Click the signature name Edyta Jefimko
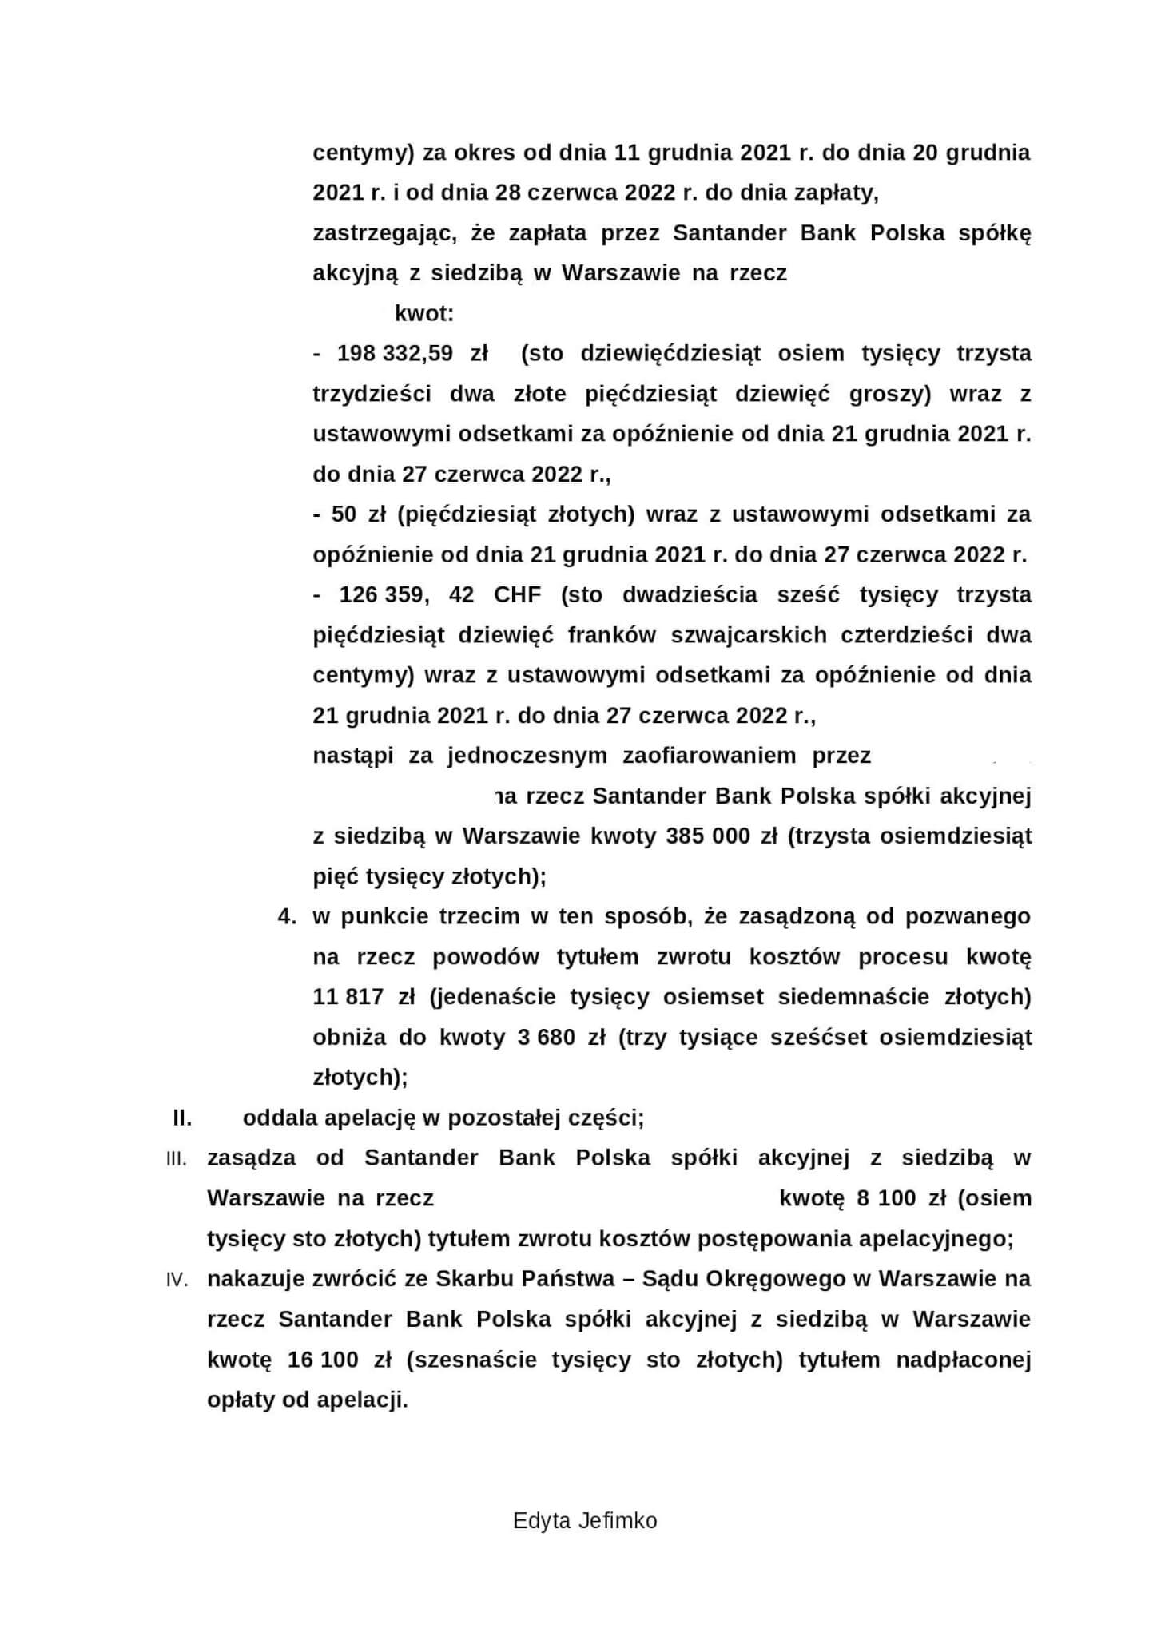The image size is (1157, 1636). click(585, 1520)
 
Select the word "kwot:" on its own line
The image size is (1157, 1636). click(424, 313)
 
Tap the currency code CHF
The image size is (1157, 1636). click(517, 594)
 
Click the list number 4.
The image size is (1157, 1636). click(286, 916)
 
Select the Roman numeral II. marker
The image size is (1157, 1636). click(182, 1118)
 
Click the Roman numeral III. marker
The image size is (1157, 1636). click(177, 1158)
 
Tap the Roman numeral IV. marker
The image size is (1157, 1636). click(177, 1279)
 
